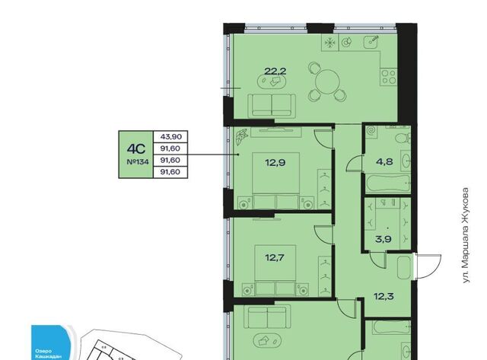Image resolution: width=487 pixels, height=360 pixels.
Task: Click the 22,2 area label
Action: pos(275,72)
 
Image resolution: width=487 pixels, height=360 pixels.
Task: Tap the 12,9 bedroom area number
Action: pos(275,162)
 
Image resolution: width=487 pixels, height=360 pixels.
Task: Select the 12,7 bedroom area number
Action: pos(275,257)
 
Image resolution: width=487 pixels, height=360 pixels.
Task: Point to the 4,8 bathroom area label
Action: pos(384,161)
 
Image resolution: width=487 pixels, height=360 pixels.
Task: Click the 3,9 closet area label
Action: pos(384,239)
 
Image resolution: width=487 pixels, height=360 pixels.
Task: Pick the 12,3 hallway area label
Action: pos(384,296)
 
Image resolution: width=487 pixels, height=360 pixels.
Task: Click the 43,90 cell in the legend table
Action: pos(170,137)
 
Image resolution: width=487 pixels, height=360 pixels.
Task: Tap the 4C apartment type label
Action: pos(136,149)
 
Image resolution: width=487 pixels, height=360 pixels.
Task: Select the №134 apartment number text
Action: pos(138,162)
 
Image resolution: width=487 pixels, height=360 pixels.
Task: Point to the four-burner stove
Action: pos(389,77)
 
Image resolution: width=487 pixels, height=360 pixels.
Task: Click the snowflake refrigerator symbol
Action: pos(329,43)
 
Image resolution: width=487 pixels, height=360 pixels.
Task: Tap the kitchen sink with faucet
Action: pos(372,42)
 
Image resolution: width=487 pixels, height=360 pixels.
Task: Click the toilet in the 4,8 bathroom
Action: pos(403,137)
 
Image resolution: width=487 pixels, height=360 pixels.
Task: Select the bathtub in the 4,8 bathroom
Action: pos(388,184)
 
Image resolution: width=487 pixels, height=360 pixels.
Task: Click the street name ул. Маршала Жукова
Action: pos(465,235)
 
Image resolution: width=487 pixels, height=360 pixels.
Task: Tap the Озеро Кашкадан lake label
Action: pos(46,354)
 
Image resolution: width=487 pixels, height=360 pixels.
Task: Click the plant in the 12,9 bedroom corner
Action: pos(241,137)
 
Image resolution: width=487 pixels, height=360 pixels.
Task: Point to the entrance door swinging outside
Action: pos(428,266)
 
